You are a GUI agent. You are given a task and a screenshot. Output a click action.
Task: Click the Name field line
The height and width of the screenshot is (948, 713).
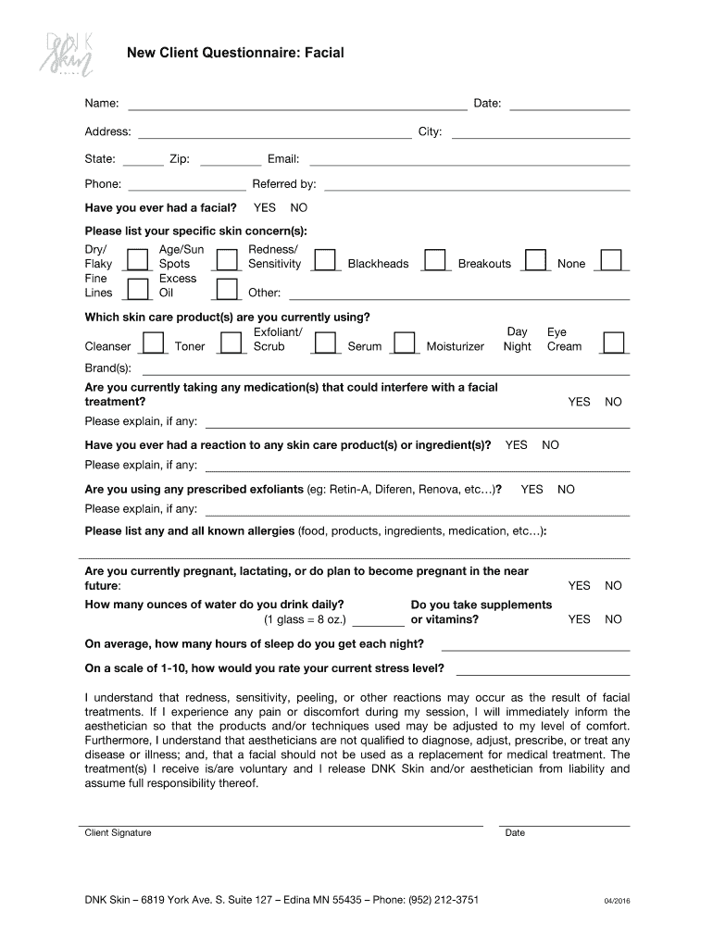(296, 104)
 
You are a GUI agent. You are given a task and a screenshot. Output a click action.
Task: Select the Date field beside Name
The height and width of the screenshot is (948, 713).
(569, 104)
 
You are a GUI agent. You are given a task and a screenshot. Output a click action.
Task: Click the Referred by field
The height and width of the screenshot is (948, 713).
(477, 185)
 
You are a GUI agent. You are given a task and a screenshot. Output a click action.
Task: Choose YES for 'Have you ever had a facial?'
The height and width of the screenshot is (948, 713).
(264, 208)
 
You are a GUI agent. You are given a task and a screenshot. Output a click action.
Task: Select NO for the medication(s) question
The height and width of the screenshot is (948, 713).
(613, 403)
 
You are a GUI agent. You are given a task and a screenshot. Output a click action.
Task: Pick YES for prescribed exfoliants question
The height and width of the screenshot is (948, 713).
(532, 490)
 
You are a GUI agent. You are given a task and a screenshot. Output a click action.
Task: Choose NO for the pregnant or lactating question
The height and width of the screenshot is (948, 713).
(613, 586)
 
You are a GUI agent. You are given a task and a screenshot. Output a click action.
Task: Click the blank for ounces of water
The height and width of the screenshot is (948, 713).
(378, 620)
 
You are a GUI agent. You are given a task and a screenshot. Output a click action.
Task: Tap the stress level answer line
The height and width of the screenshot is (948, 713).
(543, 669)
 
